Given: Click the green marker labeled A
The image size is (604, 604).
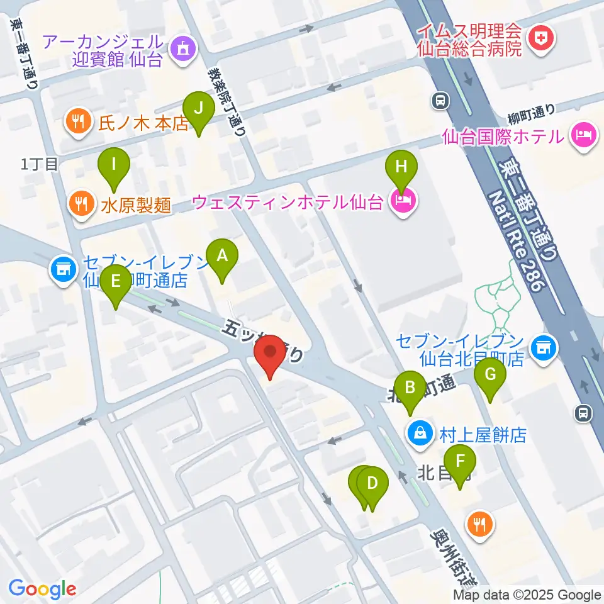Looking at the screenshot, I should point(221,256).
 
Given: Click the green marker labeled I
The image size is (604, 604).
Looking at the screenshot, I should point(114,165).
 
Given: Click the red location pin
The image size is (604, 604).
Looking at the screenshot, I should point(271,354).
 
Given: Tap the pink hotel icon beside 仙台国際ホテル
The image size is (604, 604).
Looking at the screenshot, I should point(583,135).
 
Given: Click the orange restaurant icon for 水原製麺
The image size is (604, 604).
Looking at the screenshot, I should point(80,204).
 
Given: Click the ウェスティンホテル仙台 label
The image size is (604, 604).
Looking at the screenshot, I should point(288,203).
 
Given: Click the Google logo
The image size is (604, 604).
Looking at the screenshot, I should point(42,589).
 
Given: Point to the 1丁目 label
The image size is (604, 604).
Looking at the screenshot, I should point(40,165).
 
